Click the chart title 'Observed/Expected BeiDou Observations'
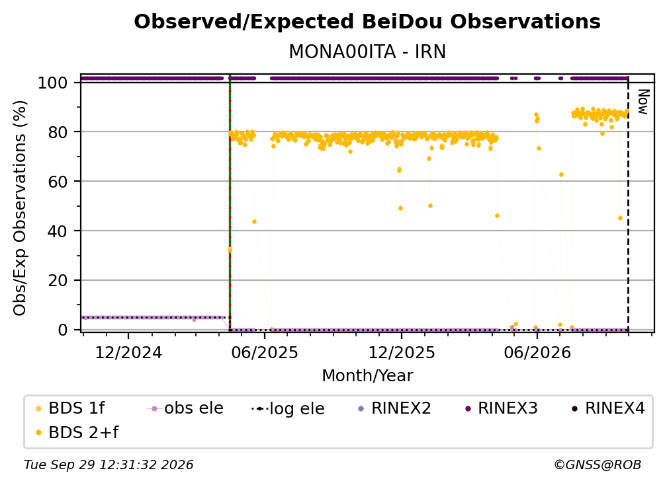point(367,22)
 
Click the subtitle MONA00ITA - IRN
point(367,52)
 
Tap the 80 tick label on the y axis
point(58,132)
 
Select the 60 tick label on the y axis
point(58,182)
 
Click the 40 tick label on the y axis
point(58,231)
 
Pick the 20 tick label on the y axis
point(58,281)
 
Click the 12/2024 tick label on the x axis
point(128,352)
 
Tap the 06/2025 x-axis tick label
point(265,352)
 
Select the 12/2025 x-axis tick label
point(402,352)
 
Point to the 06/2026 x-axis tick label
point(537,352)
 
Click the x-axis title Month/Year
point(367,376)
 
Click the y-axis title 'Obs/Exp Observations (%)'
point(20,208)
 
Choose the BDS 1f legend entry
point(70,408)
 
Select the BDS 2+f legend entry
point(77,432)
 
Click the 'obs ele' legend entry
point(185,408)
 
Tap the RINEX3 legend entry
point(502,408)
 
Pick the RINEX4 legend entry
point(609,408)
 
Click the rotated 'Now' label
point(643,102)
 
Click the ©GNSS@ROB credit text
point(598,465)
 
